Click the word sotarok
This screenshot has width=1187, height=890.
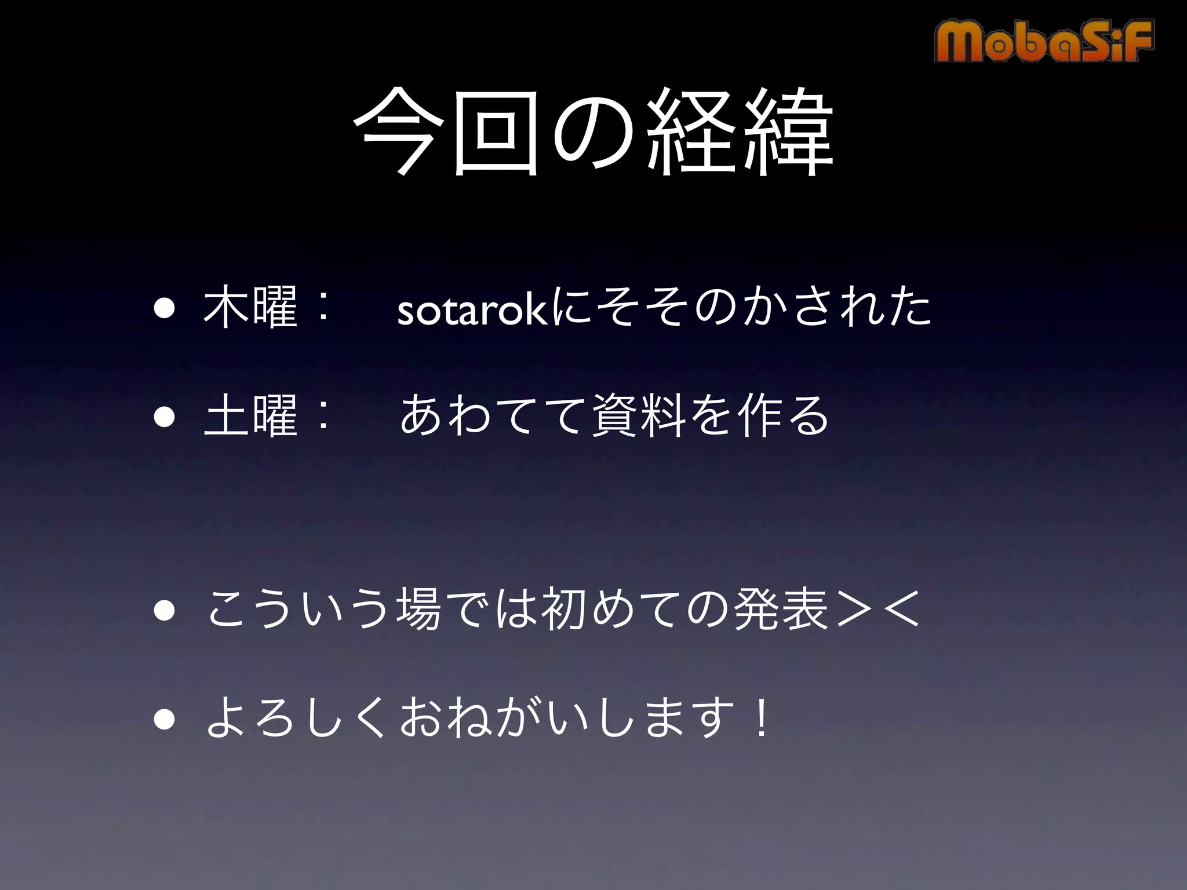tap(473, 311)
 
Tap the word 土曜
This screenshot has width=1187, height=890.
tap(250, 415)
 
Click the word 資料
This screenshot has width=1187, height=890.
tap(641, 415)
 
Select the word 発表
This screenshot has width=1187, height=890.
tap(780, 610)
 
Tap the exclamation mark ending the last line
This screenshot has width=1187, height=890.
tap(759, 718)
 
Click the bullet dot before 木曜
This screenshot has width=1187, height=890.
tap(164, 311)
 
